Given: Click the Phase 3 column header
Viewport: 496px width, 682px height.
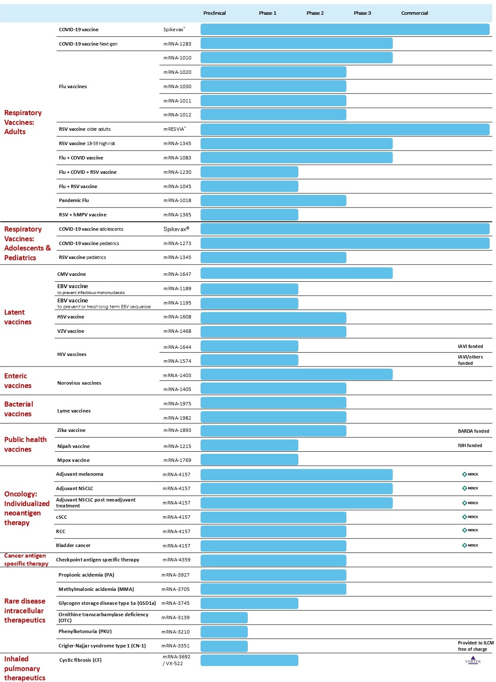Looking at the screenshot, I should pyautogui.click(x=362, y=13).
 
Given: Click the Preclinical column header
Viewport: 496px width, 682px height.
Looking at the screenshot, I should pyautogui.click(x=214, y=13).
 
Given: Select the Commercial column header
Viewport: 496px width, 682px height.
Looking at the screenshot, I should pyautogui.click(x=414, y=13).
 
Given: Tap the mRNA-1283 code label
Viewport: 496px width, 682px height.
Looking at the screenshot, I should pyautogui.click(x=177, y=44).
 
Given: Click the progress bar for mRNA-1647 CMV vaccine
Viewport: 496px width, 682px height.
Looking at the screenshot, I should pyautogui.click(x=296, y=273).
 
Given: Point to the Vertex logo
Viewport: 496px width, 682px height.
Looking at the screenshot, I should pyautogui.click(x=472, y=661).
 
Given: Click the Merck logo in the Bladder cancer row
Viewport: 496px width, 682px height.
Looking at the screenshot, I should pyautogui.click(x=470, y=545).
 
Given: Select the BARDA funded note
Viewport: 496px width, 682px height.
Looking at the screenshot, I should pyautogui.click(x=473, y=431).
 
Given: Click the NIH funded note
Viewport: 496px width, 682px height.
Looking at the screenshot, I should pyautogui.click(x=470, y=445).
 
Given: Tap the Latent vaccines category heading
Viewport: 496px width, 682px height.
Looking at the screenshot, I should pyautogui.click(x=18, y=317).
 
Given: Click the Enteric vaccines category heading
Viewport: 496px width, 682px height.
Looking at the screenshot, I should pyautogui.click(x=18, y=380).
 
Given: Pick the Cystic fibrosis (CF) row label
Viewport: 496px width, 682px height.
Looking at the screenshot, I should pyautogui.click(x=80, y=660).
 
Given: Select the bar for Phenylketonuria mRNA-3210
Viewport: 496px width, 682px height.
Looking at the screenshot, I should pyautogui.click(x=224, y=632).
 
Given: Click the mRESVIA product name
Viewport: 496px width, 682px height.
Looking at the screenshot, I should pyautogui.click(x=174, y=129).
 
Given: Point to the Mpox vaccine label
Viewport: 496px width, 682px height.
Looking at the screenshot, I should pyautogui.click(x=73, y=460).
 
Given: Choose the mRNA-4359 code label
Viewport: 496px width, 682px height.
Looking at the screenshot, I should pyautogui.click(x=176, y=560).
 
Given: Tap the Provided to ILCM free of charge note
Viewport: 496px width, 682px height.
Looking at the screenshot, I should pyautogui.click(x=475, y=646).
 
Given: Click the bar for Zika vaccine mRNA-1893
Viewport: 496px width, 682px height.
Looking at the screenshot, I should pyautogui.click(x=273, y=431).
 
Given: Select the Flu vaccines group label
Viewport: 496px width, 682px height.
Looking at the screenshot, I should pyautogui.click(x=72, y=86).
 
